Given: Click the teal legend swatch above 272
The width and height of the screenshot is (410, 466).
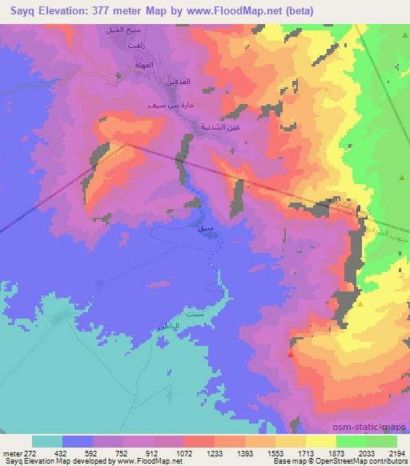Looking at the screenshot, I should (x=47, y=441).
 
